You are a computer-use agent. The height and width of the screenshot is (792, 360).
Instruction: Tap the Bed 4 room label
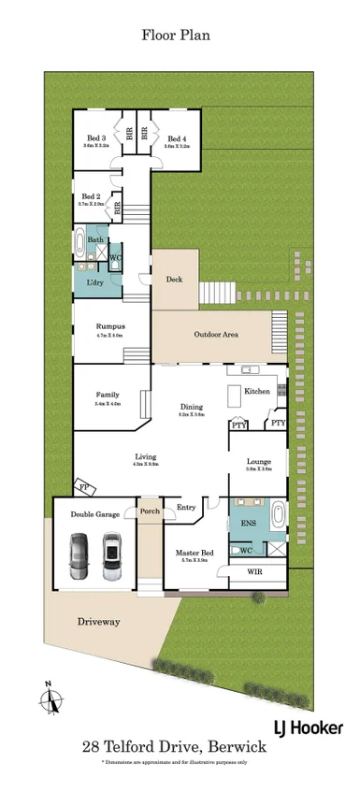click(x=177, y=138)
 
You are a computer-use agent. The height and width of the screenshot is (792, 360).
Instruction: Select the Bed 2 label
click(x=91, y=196)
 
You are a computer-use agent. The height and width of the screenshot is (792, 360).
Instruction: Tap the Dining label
click(x=193, y=408)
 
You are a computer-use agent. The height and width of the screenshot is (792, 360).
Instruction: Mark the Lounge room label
click(x=259, y=462)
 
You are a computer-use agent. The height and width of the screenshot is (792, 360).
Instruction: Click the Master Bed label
click(x=194, y=554)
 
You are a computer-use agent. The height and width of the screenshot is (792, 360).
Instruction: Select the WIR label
click(x=254, y=571)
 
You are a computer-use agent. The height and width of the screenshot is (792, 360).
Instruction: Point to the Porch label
click(x=150, y=511)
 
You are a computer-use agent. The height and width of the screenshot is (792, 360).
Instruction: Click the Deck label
click(x=174, y=279)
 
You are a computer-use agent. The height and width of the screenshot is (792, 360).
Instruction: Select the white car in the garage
click(x=112, y=555)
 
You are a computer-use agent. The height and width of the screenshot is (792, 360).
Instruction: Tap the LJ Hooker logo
click(x=307, y=727)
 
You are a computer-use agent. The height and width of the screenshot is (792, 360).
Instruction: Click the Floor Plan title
click(x=176, y=36)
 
